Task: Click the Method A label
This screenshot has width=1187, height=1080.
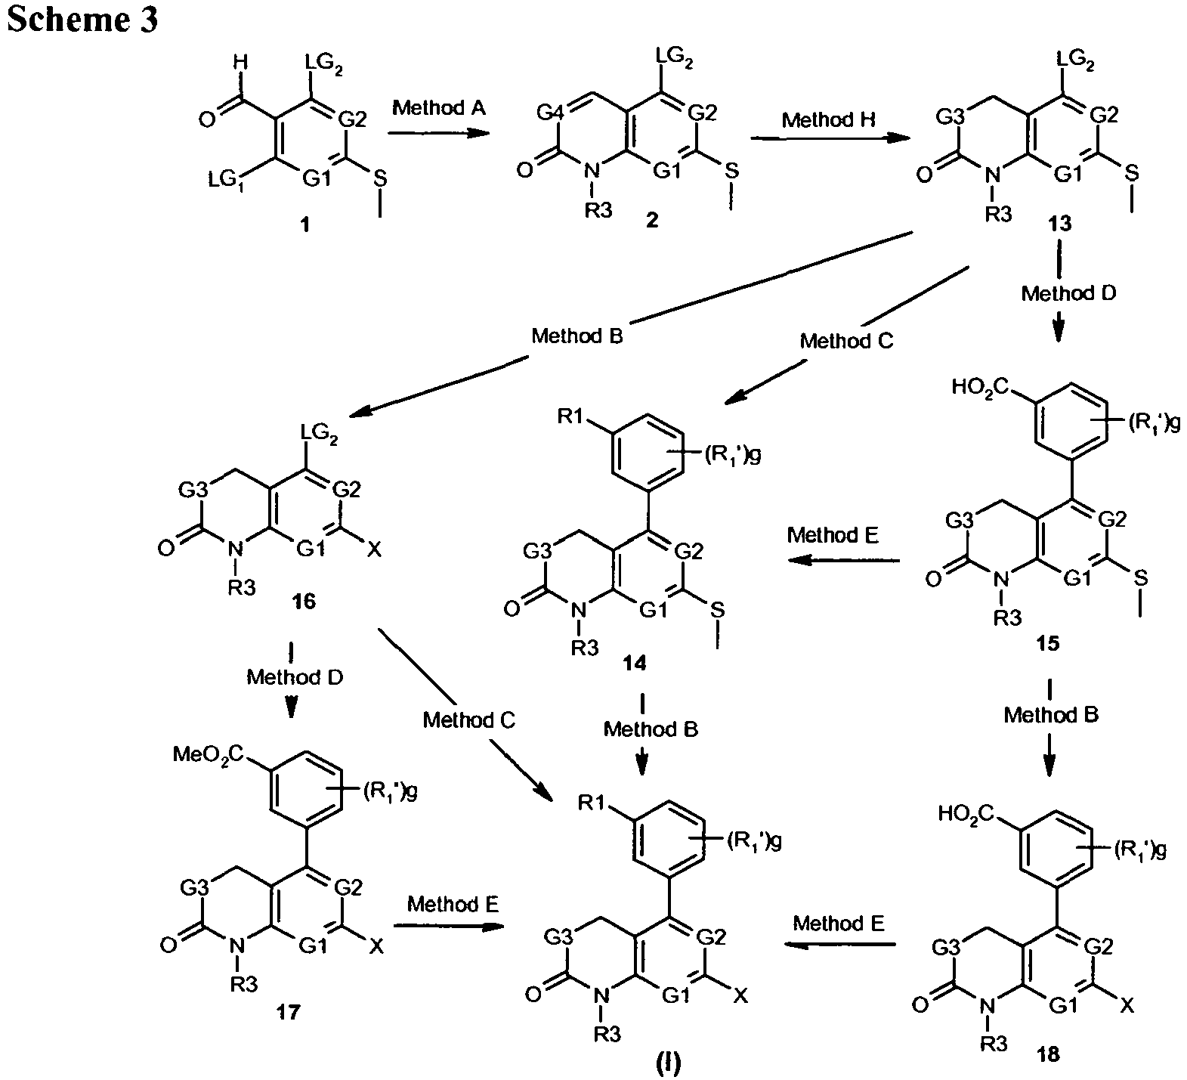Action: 440,109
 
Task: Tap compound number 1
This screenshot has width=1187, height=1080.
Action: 305,225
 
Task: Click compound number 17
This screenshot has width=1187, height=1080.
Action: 287,1012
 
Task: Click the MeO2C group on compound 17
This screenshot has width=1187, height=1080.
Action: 209,754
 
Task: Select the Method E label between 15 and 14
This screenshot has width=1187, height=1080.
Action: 833,535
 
